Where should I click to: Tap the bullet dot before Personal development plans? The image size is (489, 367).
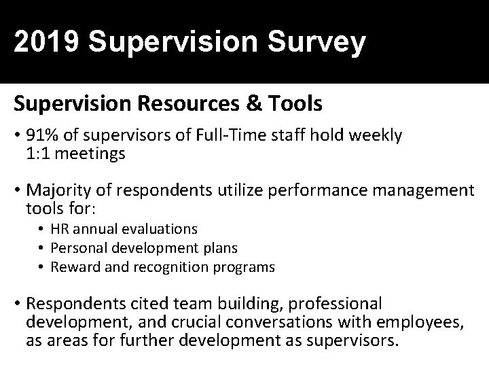point(42,249)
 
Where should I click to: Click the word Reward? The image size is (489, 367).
point(72,267)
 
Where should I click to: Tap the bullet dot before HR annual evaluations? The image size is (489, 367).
point(42,230)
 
